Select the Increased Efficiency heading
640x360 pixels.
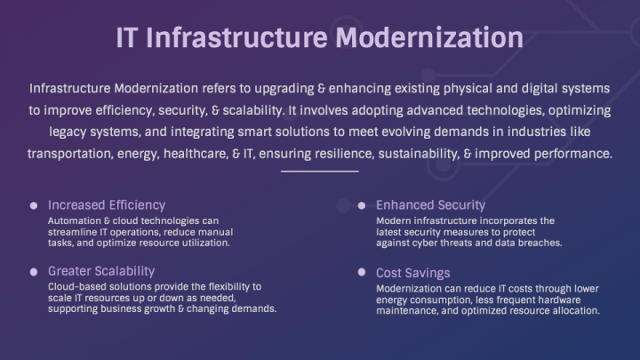tap(107, 204)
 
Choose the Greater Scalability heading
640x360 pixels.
tap(101, 270)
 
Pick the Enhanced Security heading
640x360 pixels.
tap(430, 204)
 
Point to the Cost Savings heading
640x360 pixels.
tap(412, 273)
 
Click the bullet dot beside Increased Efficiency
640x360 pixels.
tap(33, 205)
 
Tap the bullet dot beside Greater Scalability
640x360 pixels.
tap(33, 271)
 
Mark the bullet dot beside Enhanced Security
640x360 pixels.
tap(362, 205)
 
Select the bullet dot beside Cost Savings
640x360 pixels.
tap(362, 273)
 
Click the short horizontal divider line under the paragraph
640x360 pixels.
tap(319, 170)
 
